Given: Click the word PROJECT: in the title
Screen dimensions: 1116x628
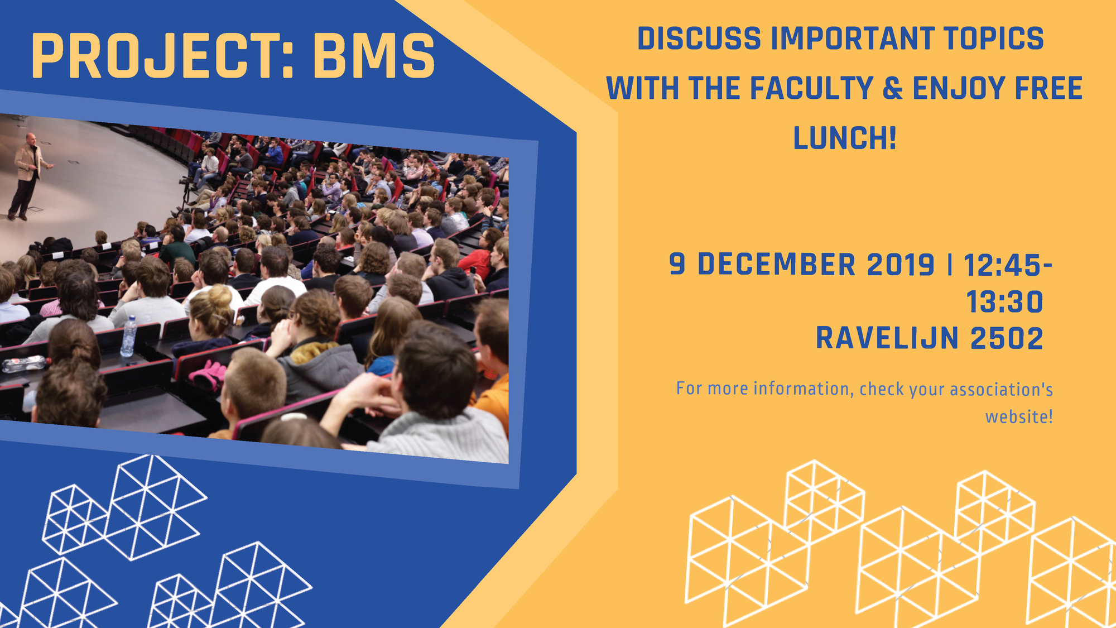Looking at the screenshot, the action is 163,56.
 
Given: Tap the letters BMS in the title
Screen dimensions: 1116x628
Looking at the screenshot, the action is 373,56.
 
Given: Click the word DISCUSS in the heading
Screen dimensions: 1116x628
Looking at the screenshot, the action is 699,39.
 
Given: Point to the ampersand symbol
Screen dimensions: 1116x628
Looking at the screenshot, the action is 892,88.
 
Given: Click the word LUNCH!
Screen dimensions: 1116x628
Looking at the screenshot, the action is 845,138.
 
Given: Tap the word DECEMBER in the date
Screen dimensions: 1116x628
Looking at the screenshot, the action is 777,265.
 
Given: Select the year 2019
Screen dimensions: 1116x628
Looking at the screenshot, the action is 901,265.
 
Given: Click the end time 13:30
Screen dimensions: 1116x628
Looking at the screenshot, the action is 1004,302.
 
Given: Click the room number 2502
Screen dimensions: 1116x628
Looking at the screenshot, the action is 1007,338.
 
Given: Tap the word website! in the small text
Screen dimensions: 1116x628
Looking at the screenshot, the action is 1019,416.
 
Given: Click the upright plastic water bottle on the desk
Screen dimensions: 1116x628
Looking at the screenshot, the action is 128,336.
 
